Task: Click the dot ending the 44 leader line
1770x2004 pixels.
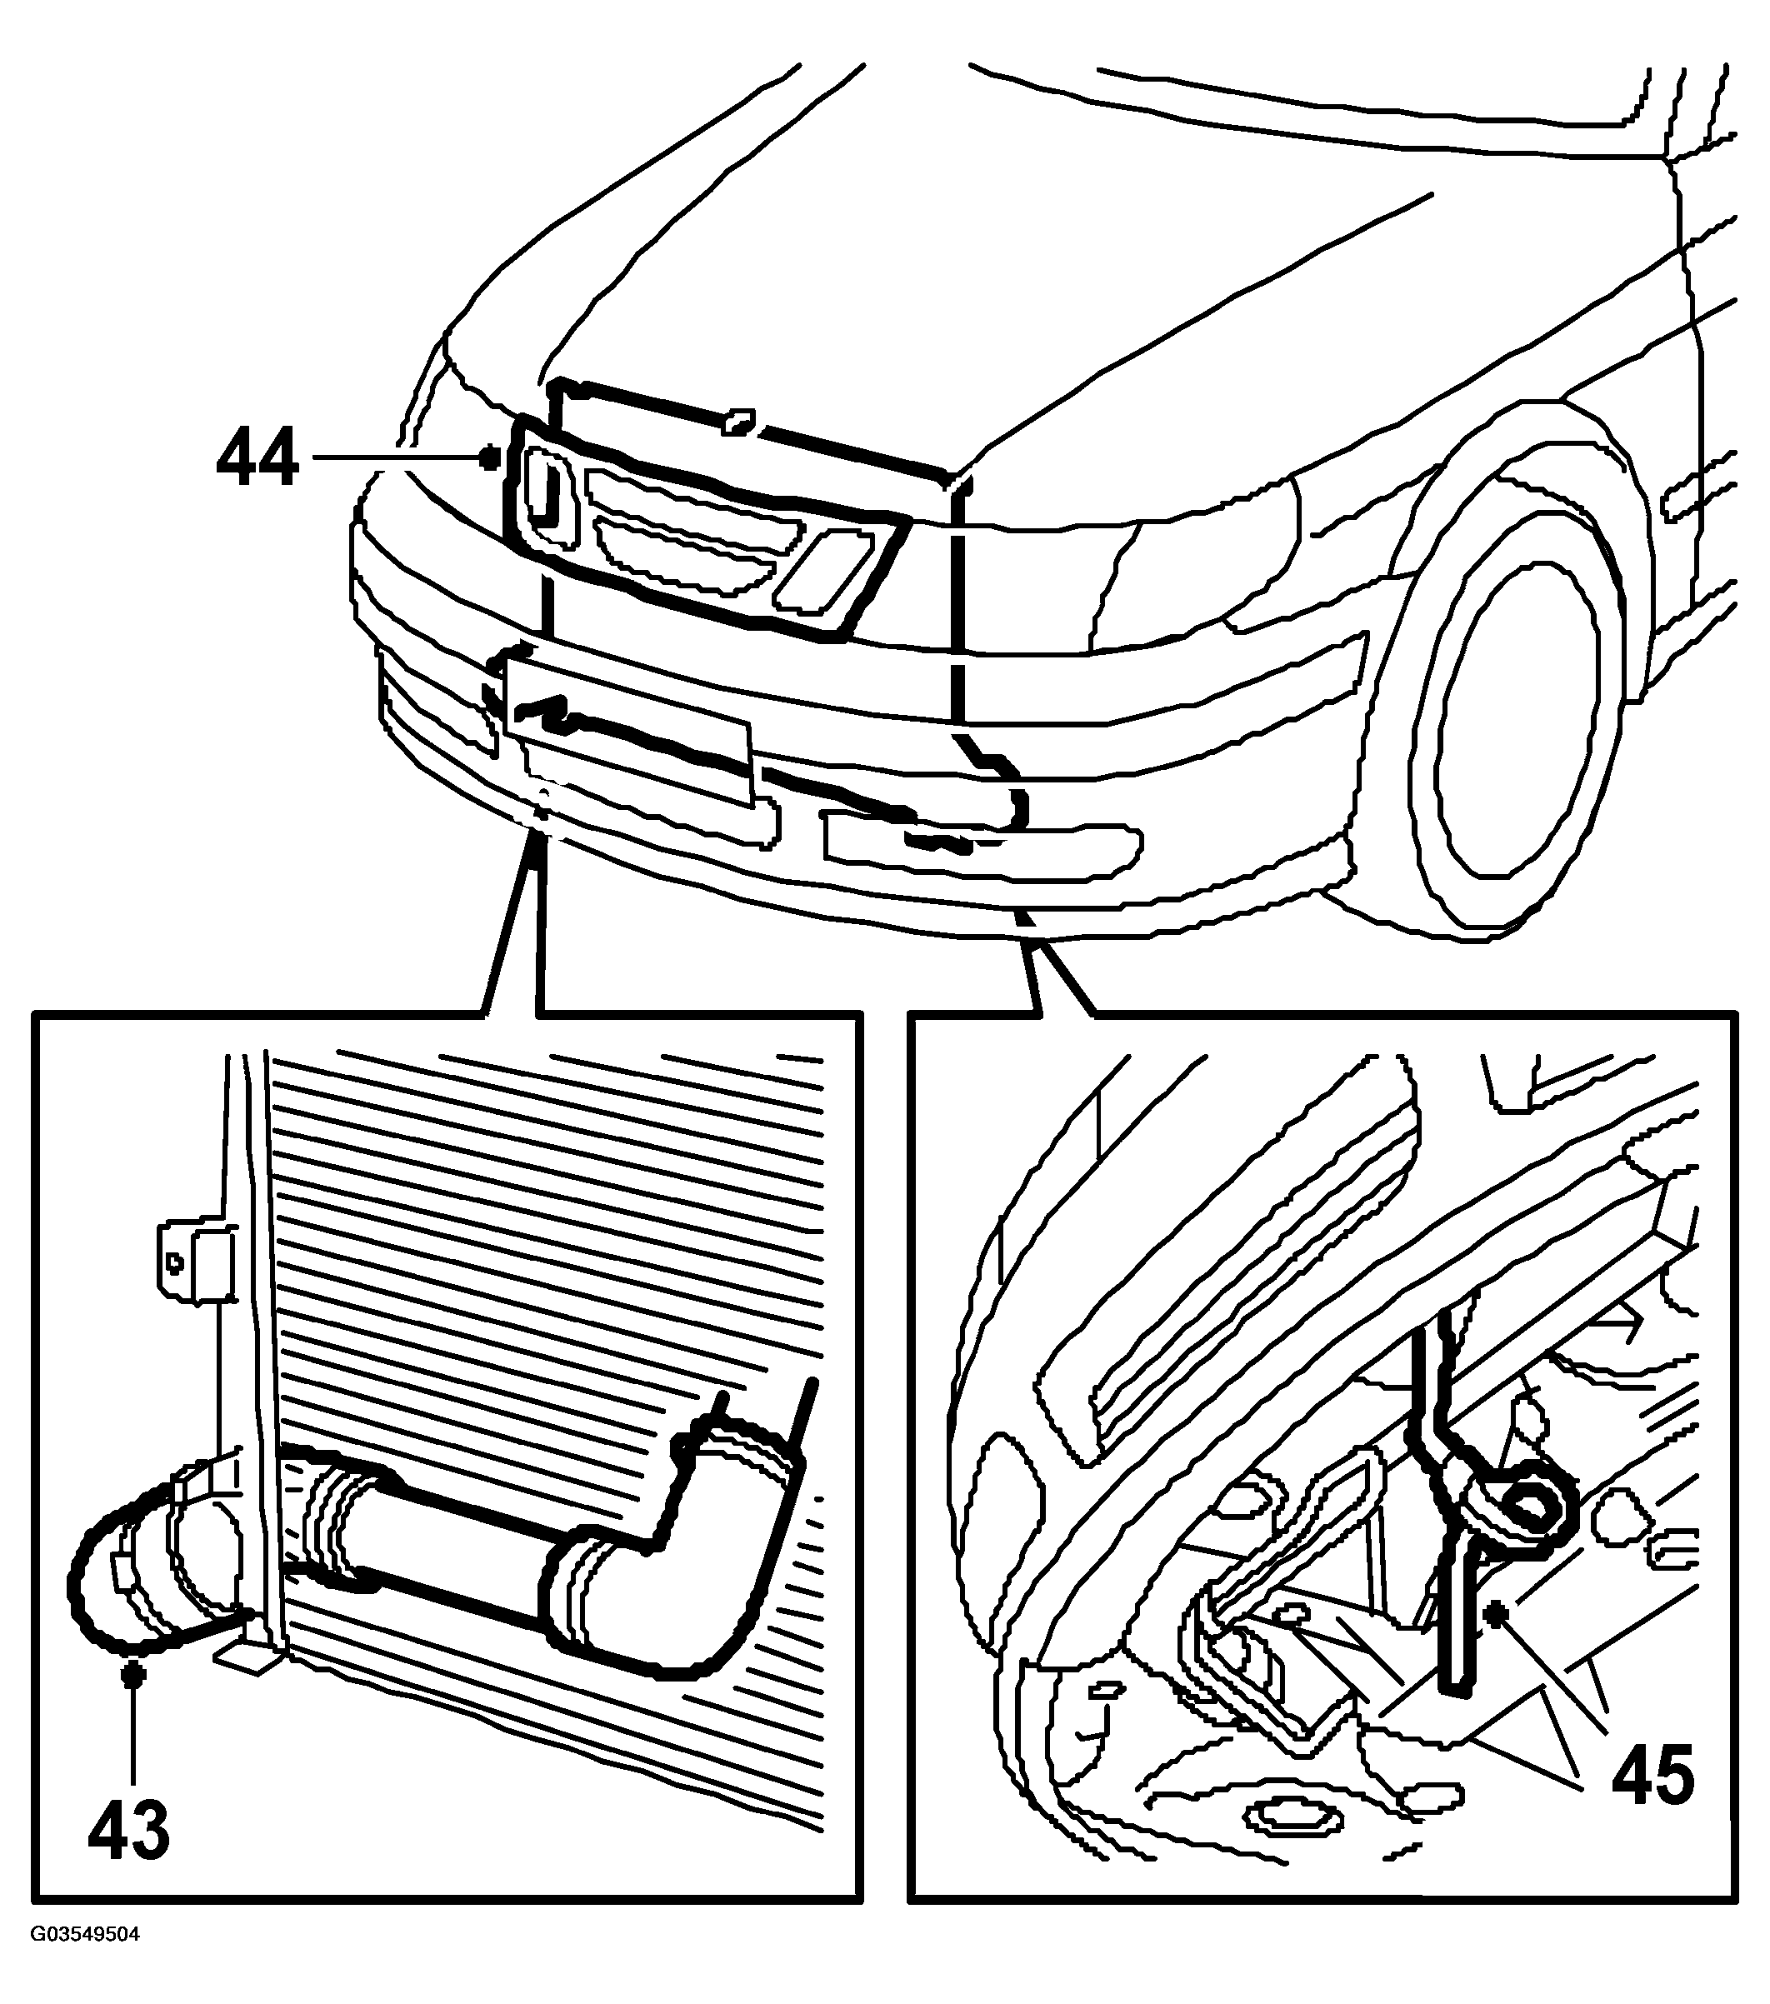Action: tap(490, 457)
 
